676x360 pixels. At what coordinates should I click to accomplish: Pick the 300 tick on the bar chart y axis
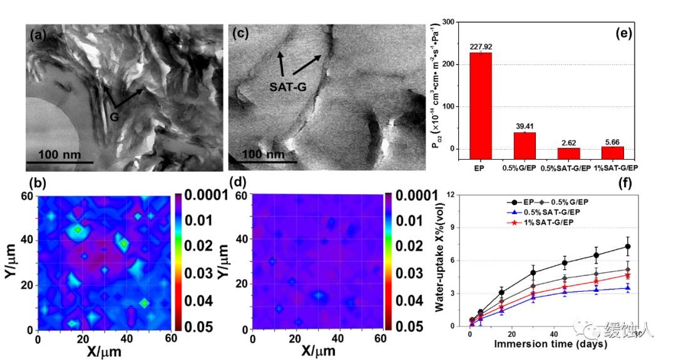pos(449,22)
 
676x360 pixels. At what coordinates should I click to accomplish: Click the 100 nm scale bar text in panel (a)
pos(59,153)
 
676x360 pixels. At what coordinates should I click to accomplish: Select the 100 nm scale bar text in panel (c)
pos(264,153)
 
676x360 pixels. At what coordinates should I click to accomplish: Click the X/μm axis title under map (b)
pos(100,352)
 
